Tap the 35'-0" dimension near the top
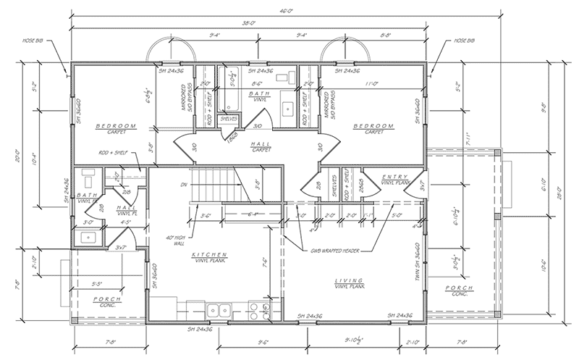250,22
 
